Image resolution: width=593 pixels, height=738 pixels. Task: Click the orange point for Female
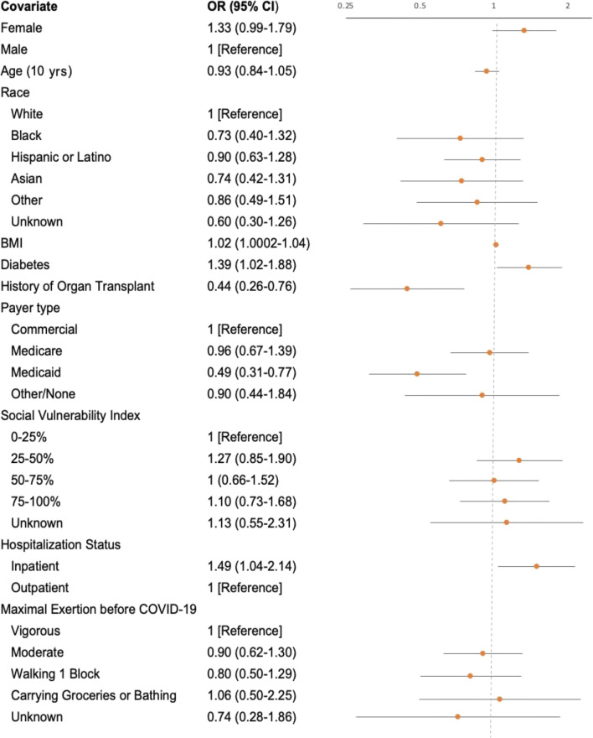click(x=524, y=30)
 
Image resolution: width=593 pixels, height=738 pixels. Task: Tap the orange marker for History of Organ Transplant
click(x=407, y=288)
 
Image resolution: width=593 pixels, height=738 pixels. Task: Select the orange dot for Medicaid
click(x=417, y=374)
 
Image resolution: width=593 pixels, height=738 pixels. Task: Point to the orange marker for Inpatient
click(x=536, y=566)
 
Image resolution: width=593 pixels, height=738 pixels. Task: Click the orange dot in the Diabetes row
click(x=529, y=268)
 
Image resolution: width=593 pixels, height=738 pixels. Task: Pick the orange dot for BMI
click(x=496, y=245)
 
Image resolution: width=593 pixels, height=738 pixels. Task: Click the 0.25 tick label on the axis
click(x=345, y=6)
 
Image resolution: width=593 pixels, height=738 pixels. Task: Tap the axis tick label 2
click(x=568, y=6)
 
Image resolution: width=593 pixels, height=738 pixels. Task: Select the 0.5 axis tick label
click(x=420, y=6)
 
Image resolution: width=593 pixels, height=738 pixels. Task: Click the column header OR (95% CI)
click(x=243, y=7)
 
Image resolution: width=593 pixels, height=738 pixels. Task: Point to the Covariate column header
click(x=29, y=7)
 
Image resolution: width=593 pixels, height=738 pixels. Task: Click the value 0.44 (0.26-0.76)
click(x=252, y=286)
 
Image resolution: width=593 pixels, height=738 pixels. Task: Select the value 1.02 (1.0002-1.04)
click(x=259, y=243)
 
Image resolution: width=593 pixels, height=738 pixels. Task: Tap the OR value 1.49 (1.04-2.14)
click(x=252, y=566)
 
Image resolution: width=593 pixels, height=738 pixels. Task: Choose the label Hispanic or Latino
click(x=61, y=157)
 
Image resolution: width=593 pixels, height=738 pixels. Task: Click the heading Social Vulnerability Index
click(x=70, y=416)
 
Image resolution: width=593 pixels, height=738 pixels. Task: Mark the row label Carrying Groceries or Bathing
click(x=94, y=695)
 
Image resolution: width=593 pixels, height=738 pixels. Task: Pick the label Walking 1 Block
click(x=55, y=674)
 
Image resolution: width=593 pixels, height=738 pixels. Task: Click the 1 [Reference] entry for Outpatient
click(x=245, y=588)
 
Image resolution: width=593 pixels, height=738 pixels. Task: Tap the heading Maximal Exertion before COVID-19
click(x=99, y=610)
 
